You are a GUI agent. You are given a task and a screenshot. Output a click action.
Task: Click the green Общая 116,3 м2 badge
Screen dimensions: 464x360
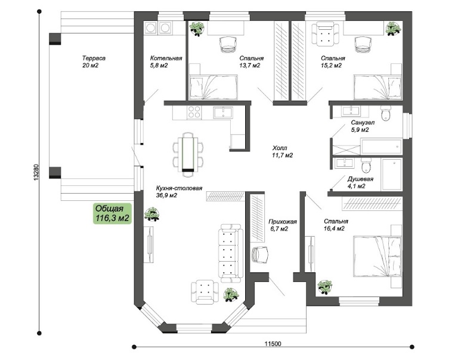pyautogui.click(x=112, y=213)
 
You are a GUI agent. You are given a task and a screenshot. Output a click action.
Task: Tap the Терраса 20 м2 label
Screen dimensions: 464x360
pyautogui.click(x=94, y=61)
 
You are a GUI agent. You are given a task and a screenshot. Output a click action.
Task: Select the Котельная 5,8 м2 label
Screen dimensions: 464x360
pyautogui.click(x=166, y=61)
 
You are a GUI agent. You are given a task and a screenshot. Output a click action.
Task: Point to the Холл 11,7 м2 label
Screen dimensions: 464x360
pyautogui.click(x=283, y=151)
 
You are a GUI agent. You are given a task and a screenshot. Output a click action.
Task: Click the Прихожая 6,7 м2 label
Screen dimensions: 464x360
pyautogui.click(x=283, y=225)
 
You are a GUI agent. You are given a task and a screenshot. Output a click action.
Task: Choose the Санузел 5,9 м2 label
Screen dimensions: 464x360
pyautogui.click(x=363, y=126)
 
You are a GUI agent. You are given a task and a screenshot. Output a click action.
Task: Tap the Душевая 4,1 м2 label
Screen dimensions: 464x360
pyautogui.click(x=360, y=182)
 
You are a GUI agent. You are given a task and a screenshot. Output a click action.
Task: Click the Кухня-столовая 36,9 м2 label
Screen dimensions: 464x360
pyautogui.click(x=179, y=191)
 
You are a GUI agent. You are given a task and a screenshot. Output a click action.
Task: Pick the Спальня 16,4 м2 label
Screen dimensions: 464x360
pyautogui.click(x=336, y=225)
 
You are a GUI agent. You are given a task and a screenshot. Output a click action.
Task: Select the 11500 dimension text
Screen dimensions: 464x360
pyautogui.click(x=273, y=344)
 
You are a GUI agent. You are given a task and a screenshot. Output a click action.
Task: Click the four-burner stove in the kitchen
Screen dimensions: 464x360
pyautogui.click(x=194, y=112)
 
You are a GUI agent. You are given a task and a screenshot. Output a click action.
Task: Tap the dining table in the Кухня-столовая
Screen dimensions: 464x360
pyautogui.click(x=188, y=153)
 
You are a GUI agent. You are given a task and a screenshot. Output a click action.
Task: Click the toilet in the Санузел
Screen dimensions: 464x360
pyautogui.click(x=386, y=114)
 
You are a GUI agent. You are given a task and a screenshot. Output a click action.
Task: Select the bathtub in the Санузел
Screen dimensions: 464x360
pyautogui.click(x=381, y=147)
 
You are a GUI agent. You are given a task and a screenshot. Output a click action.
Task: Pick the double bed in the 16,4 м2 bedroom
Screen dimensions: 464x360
pyautogui.click(x=378, y=256)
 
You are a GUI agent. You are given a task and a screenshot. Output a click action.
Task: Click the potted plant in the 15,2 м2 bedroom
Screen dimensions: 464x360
pyautogui.click(x=394, y=29)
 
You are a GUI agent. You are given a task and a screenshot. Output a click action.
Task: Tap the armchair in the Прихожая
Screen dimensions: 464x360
pyautogui.click(x=261, y=255)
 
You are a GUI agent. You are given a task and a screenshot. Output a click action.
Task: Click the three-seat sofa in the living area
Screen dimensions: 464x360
pyautogui.click(x=230, y=253)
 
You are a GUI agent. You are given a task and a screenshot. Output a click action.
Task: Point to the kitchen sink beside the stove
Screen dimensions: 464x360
pyautogui.click(x=223, y=113)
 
